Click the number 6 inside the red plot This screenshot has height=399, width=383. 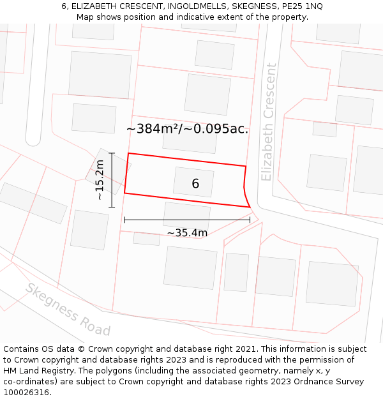[195, 184]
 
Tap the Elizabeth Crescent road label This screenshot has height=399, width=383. [268, 121]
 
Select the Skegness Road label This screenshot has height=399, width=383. [68, 309]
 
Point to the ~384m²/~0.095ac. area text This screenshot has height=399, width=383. [187, 129]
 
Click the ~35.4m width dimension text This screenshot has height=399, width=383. [187, 233]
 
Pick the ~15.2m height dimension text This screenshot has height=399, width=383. [100, 180]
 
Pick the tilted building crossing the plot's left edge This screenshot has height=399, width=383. [107, 171]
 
